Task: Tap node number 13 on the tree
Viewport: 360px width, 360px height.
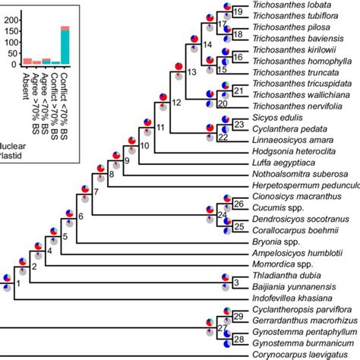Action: pos(191,71)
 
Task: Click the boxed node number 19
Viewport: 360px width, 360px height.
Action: pos(237,12)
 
